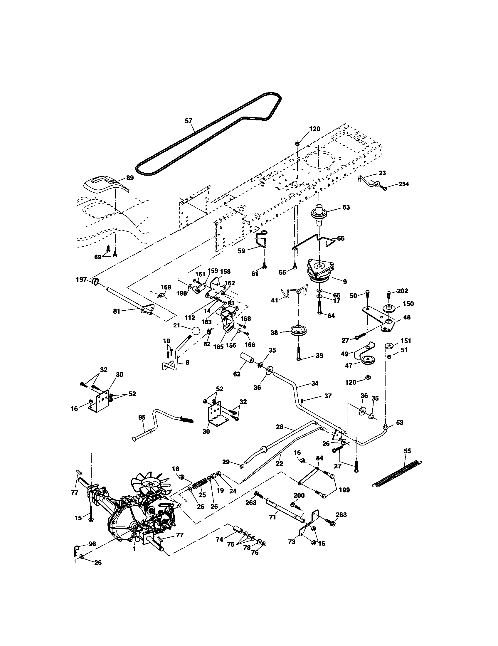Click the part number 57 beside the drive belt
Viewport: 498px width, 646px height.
click(189, 121)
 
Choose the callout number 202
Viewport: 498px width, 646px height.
click(402, 291)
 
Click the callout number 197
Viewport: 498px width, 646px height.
click(82, 279)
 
